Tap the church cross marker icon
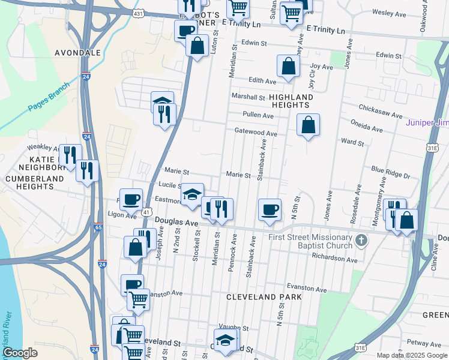[361, 241]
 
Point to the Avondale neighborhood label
[77, 53]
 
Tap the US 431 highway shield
[139, 13]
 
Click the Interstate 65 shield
[98, 227]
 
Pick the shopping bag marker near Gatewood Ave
[308, 125]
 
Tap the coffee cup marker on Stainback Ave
[270, 209]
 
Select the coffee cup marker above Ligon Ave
[131, 199]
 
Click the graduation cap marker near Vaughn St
[225, 339]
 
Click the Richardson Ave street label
[334, 258]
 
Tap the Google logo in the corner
[20, 353]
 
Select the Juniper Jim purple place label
[427, 123]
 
